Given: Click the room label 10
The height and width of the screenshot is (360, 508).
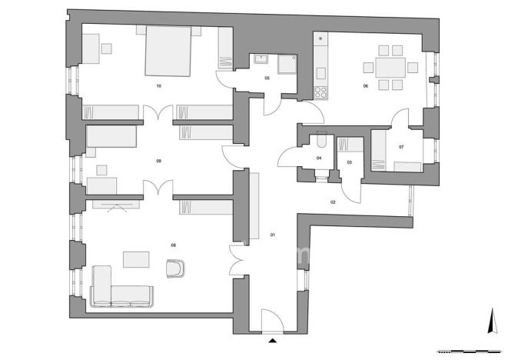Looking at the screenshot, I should pos(158,85).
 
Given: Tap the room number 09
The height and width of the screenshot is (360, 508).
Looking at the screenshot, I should pos(158,161).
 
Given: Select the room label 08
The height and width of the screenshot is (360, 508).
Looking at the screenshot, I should pos(174,245).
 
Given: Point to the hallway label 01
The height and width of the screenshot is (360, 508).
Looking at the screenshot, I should pos(272,234).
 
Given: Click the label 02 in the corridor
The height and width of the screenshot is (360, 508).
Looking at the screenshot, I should pos(334,202).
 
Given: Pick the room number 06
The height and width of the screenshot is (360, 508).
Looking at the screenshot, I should pos(366,85).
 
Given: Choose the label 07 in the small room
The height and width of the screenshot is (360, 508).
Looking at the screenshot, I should pos(401,145).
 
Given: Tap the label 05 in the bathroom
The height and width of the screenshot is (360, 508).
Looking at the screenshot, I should pos(267,78).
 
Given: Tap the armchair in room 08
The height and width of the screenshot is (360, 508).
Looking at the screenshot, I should pos(177,267).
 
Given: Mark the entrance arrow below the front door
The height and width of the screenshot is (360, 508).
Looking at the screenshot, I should pos(274,339).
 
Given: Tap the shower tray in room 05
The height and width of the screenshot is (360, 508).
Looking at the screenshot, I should pos(288,63).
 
